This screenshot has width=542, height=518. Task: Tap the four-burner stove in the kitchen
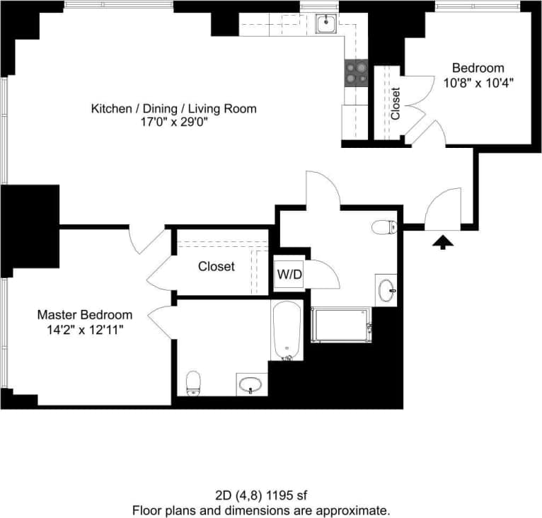(x=356, y=72)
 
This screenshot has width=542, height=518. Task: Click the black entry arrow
(x=443, y=243)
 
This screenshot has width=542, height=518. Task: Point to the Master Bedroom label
(x=84, y=315)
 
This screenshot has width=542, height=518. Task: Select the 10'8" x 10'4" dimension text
(x=478, y=82)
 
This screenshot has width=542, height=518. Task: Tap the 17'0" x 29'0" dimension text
(x=173, y=122)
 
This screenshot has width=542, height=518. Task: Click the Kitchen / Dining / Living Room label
(x=173, y=108)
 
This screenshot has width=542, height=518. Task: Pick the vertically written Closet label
(x=396, y=103)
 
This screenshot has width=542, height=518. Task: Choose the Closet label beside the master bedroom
(x=216, y=267)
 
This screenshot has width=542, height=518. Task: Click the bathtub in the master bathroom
(x=287, y=330)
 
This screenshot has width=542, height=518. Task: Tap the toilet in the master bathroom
(x=193, y=384)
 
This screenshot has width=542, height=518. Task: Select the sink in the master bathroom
(x=250, y=385)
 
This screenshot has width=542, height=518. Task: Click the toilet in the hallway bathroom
(x=384, y=227)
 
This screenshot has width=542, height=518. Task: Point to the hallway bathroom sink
(x=386, y=289)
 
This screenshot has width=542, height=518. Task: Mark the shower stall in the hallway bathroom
(x=341, y=325)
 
